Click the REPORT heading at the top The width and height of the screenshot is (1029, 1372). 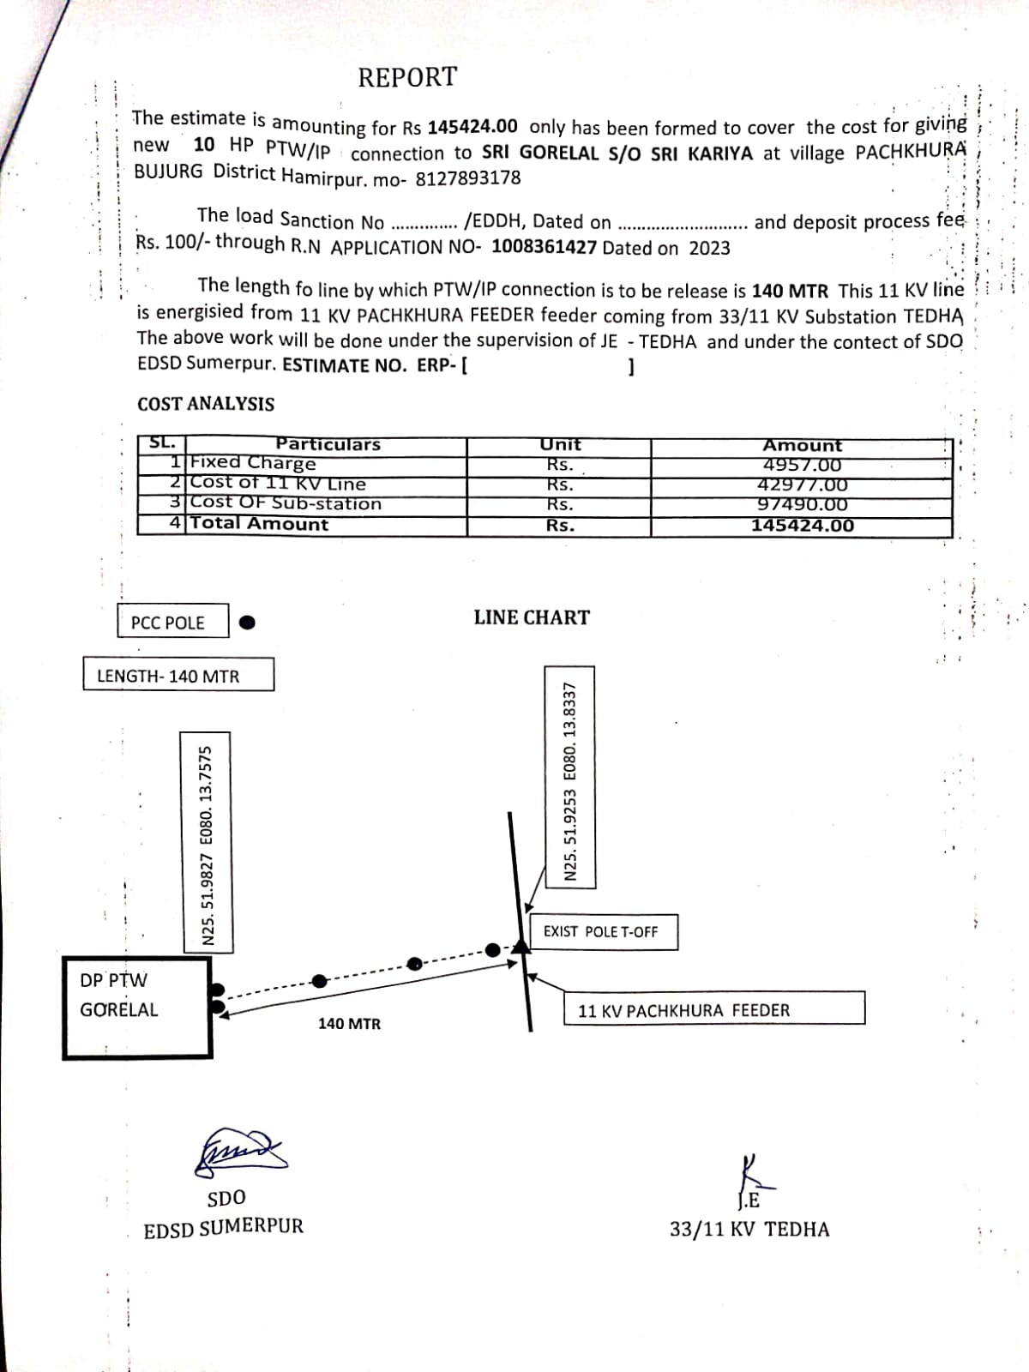click(407, 77)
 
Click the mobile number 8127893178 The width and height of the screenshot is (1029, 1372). click(468, 179)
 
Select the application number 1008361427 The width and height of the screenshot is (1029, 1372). click(544, 248)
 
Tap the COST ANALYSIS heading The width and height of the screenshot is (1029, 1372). click(206, 404)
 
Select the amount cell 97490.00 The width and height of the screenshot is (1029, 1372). click(802, 505)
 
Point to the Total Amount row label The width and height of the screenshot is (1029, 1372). click(259, 524)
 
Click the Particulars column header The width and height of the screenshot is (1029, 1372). click(328, 444)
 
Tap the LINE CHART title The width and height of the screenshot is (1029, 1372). click(532, 617)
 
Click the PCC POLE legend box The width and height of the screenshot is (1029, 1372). click(172, 622)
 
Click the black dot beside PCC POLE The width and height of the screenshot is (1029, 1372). click(247, 623)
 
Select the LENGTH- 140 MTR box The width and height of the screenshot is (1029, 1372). click(178, 675)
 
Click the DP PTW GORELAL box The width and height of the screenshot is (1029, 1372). click(135, 1008)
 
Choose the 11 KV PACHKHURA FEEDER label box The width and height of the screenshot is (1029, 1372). click(713, 1009)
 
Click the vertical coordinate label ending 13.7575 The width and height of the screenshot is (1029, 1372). click(206, 841)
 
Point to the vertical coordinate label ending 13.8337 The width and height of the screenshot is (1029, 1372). click(570, 777)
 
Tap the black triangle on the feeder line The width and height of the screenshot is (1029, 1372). click(518, 945)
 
